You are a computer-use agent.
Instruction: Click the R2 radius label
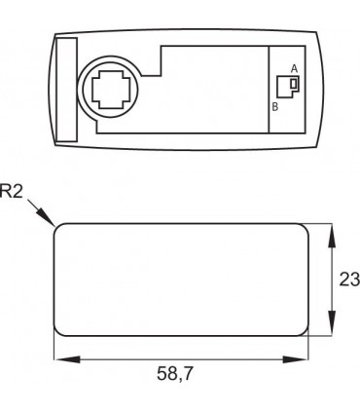(12, 191)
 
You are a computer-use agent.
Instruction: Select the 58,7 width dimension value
(175, 373)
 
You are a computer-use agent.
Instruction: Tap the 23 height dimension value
(349, 280)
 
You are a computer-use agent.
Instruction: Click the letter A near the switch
(294, 68)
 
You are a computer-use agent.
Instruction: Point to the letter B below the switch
(274, 107)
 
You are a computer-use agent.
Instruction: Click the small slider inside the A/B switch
(294, 84)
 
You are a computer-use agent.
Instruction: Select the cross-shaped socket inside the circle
(111, 89)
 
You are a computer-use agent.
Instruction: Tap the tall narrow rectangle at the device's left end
(67, 90)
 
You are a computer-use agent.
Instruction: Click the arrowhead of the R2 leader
(47, 217)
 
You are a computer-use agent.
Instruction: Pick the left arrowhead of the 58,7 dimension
(66, 359)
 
